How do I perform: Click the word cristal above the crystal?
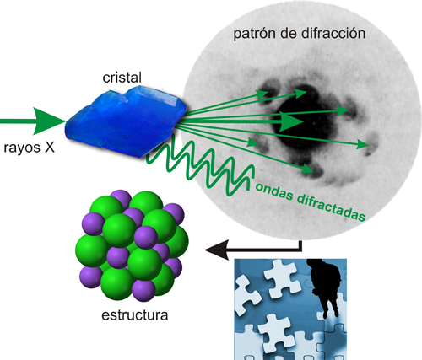click(x=122, y=78)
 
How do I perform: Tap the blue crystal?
click(x=126, y=121)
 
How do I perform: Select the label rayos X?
click(x=29, y=148)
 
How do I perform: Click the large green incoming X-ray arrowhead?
click(x=50, y=121)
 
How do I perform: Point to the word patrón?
click(x=255, y=35)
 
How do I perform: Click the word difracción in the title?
click(x=333, y=33)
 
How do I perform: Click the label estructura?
click(x=135, y=315)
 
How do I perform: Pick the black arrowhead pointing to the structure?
click(x=217, y=250)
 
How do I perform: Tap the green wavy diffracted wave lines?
click(x=201, y=166)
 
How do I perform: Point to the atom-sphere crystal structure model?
click(x=132, y=245)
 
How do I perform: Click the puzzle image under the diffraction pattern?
click(x=290, y=309)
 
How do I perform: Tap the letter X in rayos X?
click(x=49, y=147)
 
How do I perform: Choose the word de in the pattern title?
click(x=289, y=33)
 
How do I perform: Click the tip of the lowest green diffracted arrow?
click(x=314, y=170)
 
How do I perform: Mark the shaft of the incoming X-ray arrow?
click(x=17, y=121)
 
